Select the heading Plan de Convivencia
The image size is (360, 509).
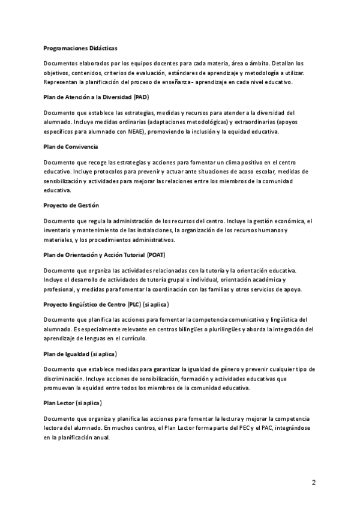(x=71, y=146)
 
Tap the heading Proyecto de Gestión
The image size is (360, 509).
(x=71, y=205)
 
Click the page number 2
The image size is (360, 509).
(x=313, y=482)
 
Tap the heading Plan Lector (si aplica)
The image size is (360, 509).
(x=73, y=403)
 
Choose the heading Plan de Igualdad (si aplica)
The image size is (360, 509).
(x=80, y=354)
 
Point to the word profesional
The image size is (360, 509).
(x=59, y=289)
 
